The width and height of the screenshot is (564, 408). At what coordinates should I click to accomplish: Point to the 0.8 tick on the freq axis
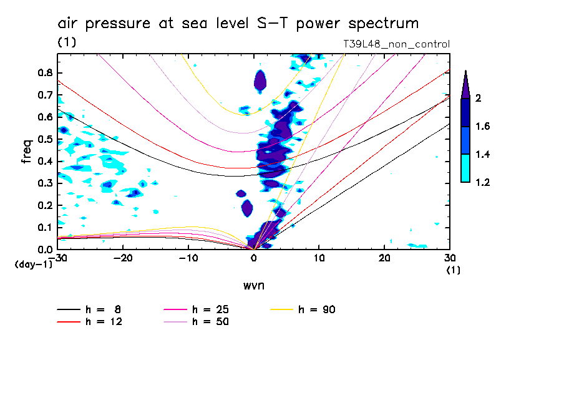pyautogui.click(x=45, y=72)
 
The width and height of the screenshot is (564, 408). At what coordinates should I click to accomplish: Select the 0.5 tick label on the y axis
pyautogui.click(x=45, y=138)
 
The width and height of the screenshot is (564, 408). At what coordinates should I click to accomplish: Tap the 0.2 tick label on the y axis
pyautogui.click(x=45, y=205)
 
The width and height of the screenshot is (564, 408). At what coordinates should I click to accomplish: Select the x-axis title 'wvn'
pyautogui.click(x=253, y=285)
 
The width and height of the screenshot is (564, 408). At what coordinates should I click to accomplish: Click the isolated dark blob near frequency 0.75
pyautogui.click(x=260, y=80)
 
